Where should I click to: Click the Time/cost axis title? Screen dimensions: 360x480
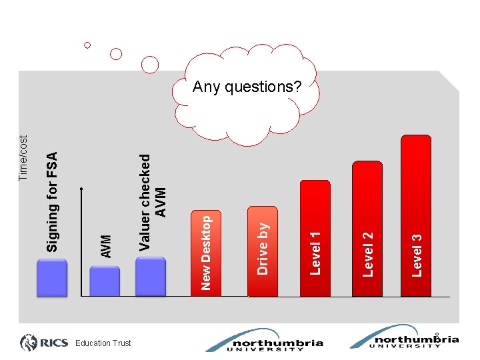[24, 158]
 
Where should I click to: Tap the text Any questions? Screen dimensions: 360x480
[247, 87]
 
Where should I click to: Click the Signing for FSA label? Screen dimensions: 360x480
[52, 201]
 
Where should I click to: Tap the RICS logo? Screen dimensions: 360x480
[44, 343]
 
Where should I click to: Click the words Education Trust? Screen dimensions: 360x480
[103, 343]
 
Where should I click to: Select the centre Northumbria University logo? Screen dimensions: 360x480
[264, 340]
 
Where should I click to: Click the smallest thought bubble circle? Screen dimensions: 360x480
[87, 45]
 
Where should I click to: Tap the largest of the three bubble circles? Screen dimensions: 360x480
[151, 64]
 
